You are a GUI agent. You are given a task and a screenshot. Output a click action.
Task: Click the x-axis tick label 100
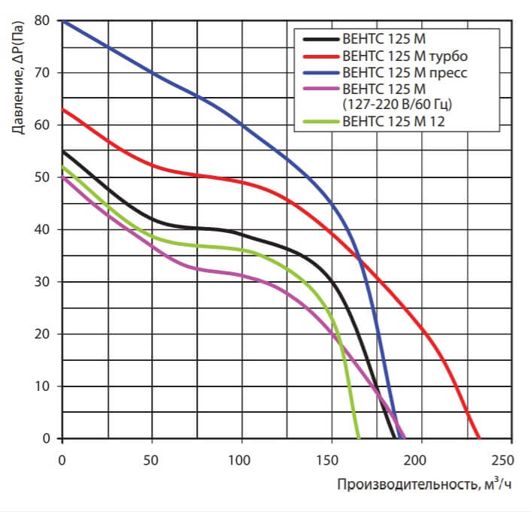[241, 459]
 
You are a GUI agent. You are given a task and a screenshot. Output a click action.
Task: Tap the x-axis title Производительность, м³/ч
[423, 484]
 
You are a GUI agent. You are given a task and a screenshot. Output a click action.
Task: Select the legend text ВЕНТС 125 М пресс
[399, 74]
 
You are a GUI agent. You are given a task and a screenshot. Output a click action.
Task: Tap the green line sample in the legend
[320, 121]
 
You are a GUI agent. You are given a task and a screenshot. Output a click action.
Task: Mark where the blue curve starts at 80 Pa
[63, 21]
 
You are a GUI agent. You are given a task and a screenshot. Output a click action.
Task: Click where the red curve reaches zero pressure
[479, 438]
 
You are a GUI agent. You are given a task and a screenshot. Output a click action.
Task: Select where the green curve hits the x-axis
[358, 438]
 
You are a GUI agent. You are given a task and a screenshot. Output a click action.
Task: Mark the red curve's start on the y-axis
[63, 109]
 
